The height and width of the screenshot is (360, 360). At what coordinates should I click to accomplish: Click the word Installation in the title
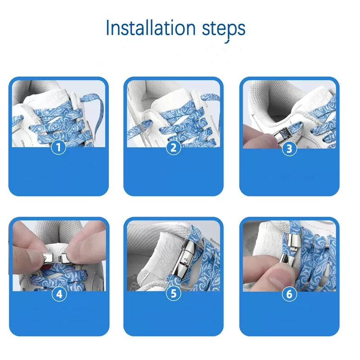coord(151,28)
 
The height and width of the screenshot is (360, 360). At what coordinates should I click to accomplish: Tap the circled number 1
coord(58,147)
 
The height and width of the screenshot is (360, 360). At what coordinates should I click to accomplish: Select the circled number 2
coord(174,148)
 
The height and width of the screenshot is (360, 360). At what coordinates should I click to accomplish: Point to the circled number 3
coord(289,148)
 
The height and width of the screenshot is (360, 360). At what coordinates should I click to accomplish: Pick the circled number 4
coord(59,294)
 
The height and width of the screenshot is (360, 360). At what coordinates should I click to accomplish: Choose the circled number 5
coord(174,293)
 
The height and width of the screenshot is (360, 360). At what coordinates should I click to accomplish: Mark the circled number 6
coord(289,294)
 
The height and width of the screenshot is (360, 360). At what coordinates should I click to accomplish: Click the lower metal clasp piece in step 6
coord(288,261)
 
